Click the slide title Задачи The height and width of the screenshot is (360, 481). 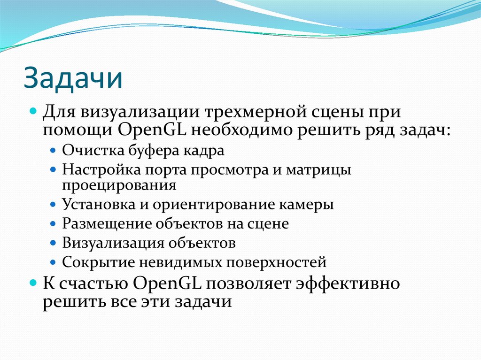[73, 79]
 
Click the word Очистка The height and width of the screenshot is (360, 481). [87, 151]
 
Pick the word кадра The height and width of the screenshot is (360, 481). [205, 151]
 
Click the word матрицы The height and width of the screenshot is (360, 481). [323, 169]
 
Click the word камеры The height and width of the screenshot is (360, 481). [310, 205]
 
